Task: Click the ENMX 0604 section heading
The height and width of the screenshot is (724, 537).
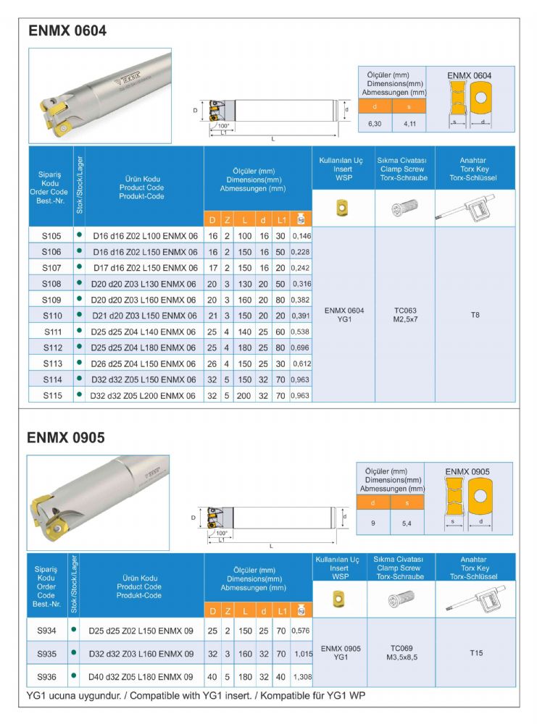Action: (67, 31)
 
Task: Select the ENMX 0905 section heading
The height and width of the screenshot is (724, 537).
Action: (66, 437)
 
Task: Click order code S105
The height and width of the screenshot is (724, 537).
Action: (51, 235)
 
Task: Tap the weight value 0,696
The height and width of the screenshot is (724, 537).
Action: (300, 347)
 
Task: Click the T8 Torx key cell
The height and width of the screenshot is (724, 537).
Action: (475, 315)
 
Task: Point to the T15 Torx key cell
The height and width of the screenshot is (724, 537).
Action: (475, 652)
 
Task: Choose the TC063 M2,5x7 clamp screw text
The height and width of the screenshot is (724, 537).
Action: (404, 315)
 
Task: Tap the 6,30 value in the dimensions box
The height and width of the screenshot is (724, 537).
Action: (375, 124)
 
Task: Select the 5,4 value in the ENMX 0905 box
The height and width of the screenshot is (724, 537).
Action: (407, 523)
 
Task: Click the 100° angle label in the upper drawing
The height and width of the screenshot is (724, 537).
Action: (223, 126)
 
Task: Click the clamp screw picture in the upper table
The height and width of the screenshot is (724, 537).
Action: (404, 209)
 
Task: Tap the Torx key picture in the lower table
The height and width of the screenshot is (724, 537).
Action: (475, 599)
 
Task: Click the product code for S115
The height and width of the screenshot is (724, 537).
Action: (144, 395)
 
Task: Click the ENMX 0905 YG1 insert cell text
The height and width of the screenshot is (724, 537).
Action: (343, 652)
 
